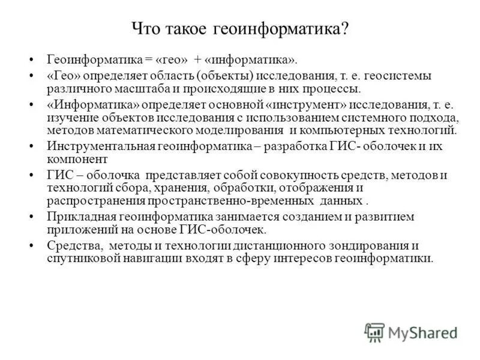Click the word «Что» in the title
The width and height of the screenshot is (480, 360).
coord(145,29)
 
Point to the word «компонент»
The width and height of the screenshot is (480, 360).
coord(77,159)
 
